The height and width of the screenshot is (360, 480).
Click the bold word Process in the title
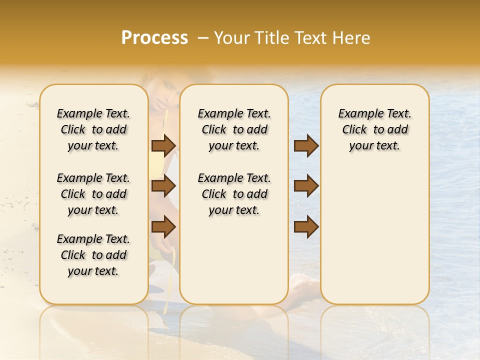[x=154, y=38]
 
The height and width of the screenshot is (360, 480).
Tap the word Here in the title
[x=350, y=38]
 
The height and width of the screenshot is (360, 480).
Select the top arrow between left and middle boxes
[x=163, y=145]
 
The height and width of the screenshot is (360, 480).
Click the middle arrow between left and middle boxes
[x=163, y=186]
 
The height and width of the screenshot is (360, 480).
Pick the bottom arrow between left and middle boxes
[x=163, y=226]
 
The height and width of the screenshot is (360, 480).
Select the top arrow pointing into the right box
[x=306, y=145]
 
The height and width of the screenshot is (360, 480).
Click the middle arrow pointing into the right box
[x=306, y=186]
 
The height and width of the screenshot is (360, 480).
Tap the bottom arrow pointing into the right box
[x=306, y=226]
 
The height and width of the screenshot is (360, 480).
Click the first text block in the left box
[x=93, y=129]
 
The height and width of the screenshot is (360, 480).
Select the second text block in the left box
[x=93, y=194]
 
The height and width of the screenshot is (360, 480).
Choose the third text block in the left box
[x=93, y=255]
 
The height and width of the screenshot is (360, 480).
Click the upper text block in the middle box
[x=234, y=129]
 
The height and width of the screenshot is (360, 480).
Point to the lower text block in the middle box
[x=234, y=194]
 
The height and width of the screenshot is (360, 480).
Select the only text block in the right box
[x=374, y=129]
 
